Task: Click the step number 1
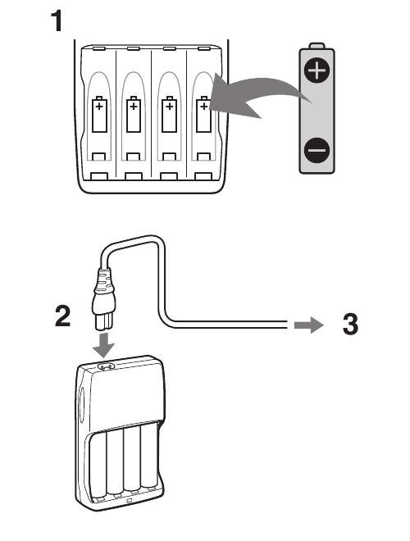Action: [x=57, y=20]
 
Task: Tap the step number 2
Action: [x=63, y=316]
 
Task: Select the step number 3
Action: [x=351, y=324]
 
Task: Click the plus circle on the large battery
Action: [x=317, y=70]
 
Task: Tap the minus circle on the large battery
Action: [x=317, y=150]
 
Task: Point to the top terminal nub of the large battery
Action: [x=317, y=46]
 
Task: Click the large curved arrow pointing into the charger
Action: [x=255, y=93]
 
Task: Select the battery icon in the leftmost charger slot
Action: [x=99, y=114]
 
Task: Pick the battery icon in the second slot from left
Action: [x=134, y=114]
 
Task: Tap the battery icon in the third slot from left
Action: [x=169, y=114]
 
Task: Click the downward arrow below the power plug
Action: [x=104, y=345]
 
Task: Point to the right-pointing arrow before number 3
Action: [x=308, y=325]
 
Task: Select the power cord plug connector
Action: [x=104, y=299]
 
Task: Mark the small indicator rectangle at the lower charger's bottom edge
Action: [x=129, y=500]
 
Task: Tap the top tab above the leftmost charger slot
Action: [x=99, y=48]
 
